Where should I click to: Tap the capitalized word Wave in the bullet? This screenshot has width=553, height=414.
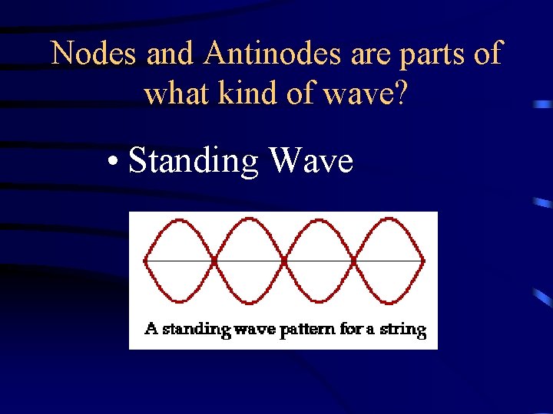click(310, 161)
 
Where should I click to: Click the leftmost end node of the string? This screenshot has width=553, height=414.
click(145, 261)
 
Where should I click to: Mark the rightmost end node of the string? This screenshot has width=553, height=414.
click(423, 261)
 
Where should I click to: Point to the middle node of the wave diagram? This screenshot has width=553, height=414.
click(284, 261)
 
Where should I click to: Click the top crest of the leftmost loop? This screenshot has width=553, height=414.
click(180, 220)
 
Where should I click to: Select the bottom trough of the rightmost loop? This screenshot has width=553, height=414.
click(389, 301)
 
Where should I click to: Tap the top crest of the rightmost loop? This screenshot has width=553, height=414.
click(389, 220)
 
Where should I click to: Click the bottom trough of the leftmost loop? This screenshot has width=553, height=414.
click(180, 301)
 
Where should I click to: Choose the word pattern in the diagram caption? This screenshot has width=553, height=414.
click(302, 330)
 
